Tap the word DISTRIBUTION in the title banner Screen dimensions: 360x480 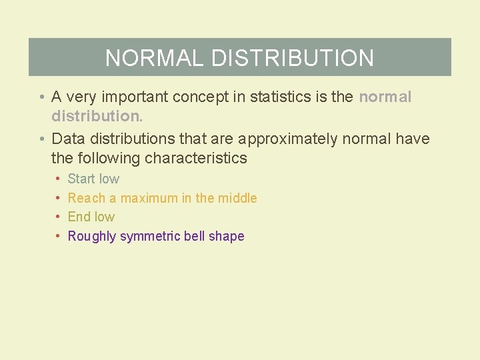(x=293, y=58)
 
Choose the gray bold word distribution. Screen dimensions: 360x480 (x=97, y=116)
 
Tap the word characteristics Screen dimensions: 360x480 (x=196, y=159)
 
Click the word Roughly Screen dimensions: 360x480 (x=92, y=236)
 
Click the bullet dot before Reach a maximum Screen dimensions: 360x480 (x=59, y=198)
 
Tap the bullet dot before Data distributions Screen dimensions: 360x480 (x=41, y=139)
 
